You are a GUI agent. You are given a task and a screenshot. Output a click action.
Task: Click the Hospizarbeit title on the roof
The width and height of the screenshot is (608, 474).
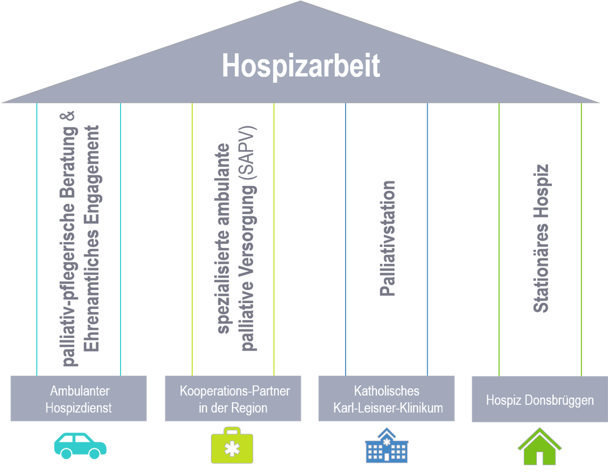tap(301, 66)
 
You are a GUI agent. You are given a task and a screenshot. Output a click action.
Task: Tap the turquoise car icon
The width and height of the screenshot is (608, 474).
tap(80, 446)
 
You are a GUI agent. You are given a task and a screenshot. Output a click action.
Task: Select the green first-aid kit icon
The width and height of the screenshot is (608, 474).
tap(232, 445)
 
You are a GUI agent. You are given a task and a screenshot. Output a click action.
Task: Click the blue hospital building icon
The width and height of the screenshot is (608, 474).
tap(387, 445)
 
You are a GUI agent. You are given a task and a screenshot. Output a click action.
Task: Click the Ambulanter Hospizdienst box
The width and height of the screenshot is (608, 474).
tap(78, 398)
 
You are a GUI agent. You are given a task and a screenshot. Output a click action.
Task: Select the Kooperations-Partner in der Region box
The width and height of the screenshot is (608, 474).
tap(233, 398)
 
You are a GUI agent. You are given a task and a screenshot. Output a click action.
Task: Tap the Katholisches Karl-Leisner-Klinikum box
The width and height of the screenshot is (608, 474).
tap(387, 398)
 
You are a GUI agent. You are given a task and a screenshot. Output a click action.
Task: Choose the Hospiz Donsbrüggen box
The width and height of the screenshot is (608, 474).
tap(540, 399)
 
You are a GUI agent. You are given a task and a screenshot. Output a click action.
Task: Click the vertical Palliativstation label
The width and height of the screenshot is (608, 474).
tap(387, 238)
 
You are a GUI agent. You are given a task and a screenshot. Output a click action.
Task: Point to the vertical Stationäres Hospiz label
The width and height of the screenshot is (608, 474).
tap(540, 238)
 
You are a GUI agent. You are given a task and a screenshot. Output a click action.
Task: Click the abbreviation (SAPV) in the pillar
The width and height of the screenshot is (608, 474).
tap(248, 153)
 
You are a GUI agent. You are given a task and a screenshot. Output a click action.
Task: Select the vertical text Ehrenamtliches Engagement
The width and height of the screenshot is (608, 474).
tap(91, 238)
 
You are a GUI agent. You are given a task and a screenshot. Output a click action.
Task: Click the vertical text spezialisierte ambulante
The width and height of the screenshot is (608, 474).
tap(223, 238)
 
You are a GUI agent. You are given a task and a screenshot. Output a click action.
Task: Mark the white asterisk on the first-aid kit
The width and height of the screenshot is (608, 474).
tap(232, 449)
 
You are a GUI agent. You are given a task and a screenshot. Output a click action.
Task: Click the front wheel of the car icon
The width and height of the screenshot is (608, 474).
tap(94, 453)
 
